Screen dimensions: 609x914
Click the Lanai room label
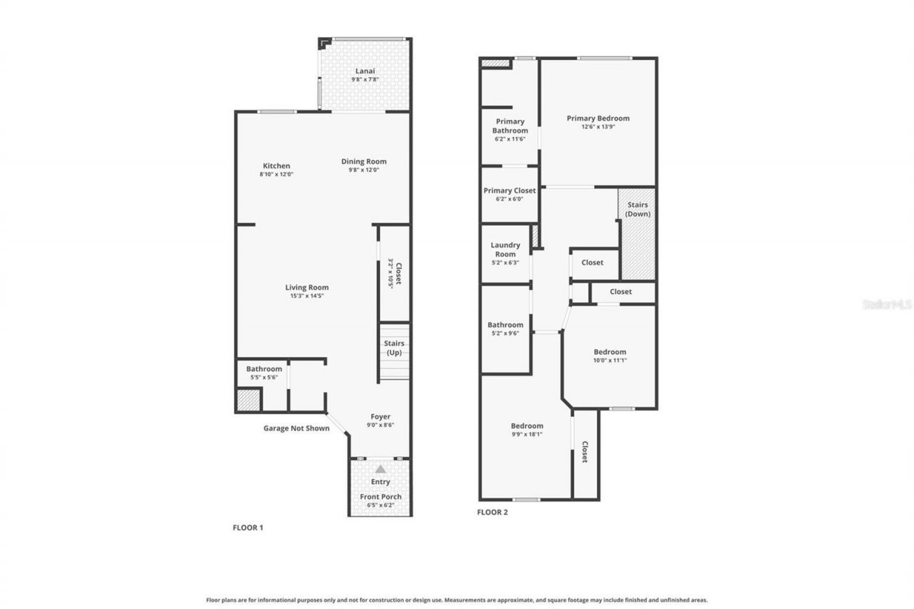(364, 71)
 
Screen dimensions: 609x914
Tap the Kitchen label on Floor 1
(276, 166)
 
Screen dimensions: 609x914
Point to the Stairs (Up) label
(393, 348)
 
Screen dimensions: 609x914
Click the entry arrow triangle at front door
(381, 469)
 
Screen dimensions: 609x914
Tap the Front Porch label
(381, 497)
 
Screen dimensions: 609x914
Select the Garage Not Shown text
(296, 428)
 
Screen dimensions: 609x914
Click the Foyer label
(380, 417)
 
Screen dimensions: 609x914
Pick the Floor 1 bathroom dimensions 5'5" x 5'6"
(264, 377)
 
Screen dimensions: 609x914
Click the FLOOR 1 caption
(248, 528)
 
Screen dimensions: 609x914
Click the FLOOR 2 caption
(492, 512)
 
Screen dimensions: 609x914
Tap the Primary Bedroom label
(598, 119)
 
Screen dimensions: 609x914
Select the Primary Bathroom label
(510, 126)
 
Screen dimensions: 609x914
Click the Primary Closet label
(510, 191)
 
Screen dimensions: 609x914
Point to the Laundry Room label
(505, 249)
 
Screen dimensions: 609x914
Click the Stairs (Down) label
(637, 209)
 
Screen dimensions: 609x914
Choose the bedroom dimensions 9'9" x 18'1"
(527, 434)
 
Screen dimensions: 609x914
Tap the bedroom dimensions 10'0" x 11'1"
(610, 360)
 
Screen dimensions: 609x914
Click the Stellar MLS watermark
(887, 304)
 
